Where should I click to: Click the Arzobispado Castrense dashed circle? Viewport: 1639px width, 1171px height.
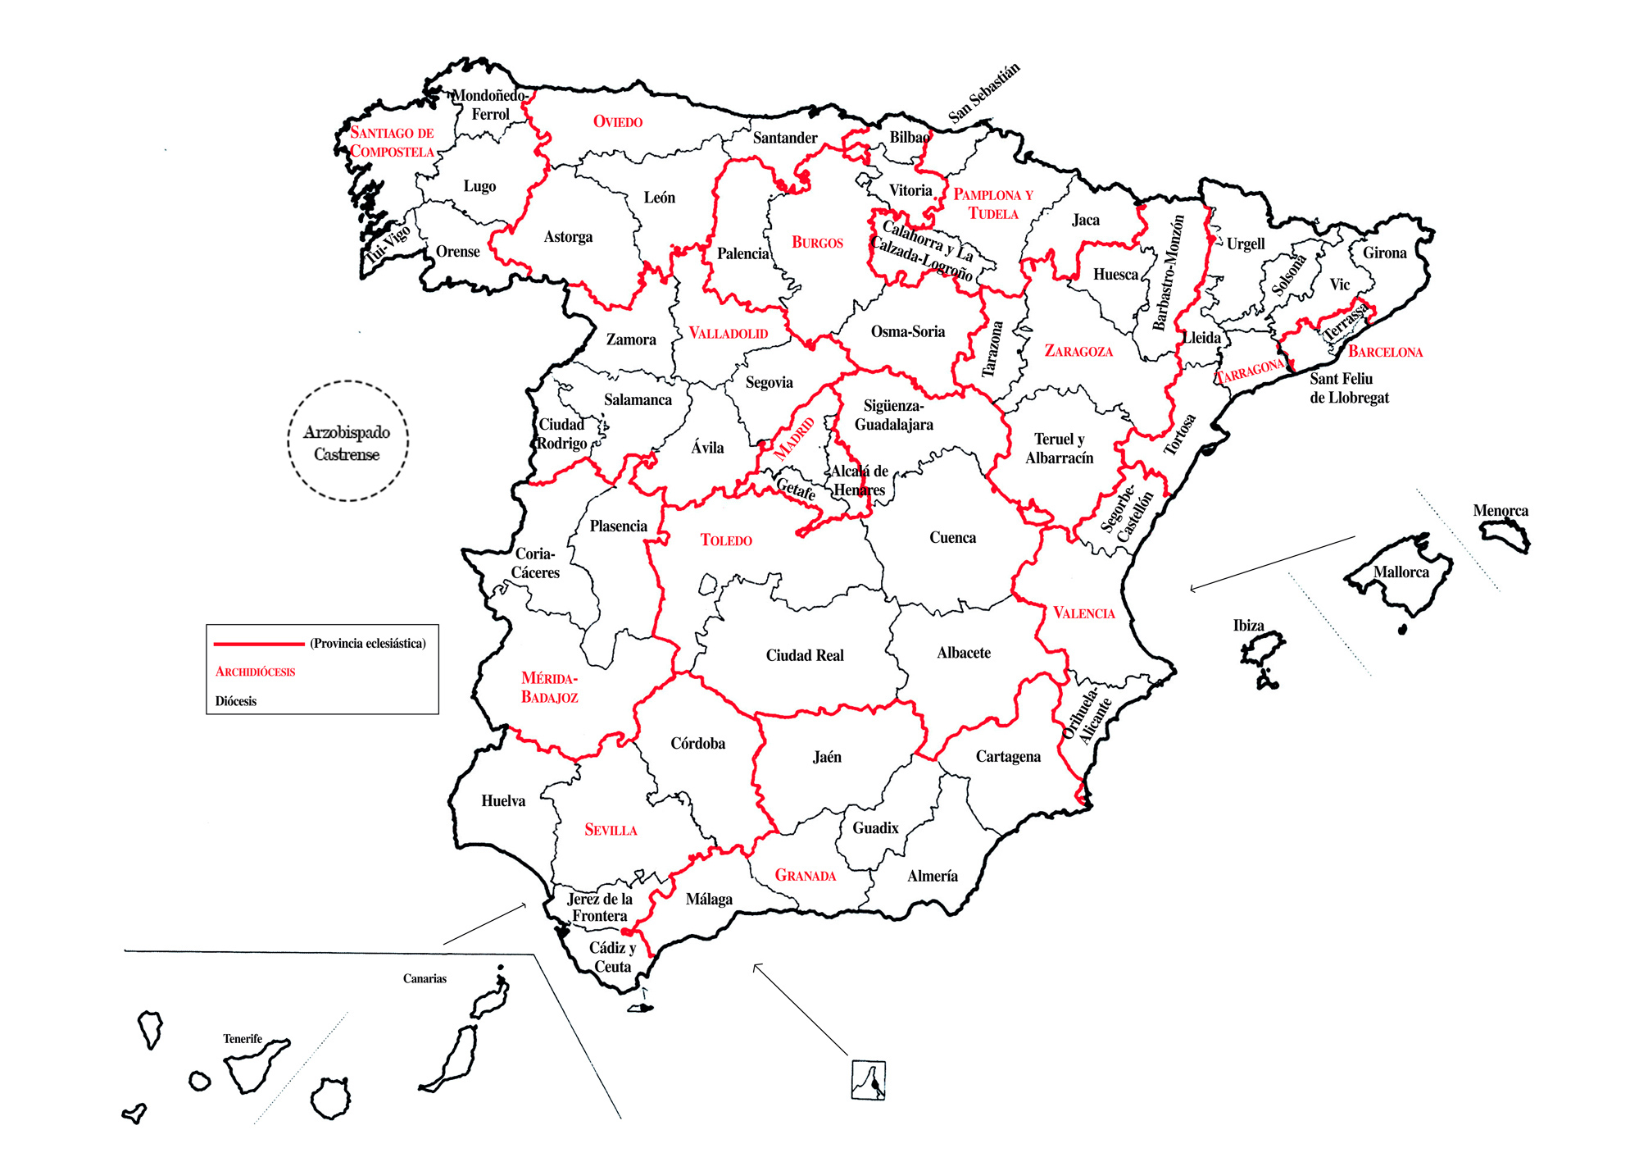click(347, 442)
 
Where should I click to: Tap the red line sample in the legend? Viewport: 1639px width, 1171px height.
click(258, 644)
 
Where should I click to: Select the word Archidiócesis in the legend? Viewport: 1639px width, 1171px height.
click(255, 672)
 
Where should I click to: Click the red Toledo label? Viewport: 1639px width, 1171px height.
click(726, 540)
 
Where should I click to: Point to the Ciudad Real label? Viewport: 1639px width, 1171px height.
click(804, 655)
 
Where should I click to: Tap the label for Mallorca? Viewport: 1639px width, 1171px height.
click(1401, 572)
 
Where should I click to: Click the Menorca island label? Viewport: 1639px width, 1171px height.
click(1501, 511)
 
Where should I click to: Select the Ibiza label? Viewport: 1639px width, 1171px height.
click(1248, 626)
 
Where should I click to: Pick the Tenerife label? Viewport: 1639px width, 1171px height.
click(243, 1039)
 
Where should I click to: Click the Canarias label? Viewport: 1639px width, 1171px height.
click(425, 978)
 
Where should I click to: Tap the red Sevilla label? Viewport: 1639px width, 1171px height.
click(611, 830)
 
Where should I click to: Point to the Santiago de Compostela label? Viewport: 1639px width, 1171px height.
click(392, 142)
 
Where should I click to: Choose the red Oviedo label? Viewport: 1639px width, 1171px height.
click(618, 122)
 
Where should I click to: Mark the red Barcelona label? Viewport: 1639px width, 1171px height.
click(1385, 352)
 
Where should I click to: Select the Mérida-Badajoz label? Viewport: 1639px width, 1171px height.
click(549, 688)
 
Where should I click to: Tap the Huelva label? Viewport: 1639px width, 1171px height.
click(503, 801)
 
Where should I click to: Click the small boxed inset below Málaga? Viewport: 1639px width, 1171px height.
click(868, 1079)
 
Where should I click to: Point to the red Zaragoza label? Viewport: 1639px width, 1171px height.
click(1078, 351)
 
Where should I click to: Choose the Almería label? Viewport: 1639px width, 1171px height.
click(932, 876)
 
